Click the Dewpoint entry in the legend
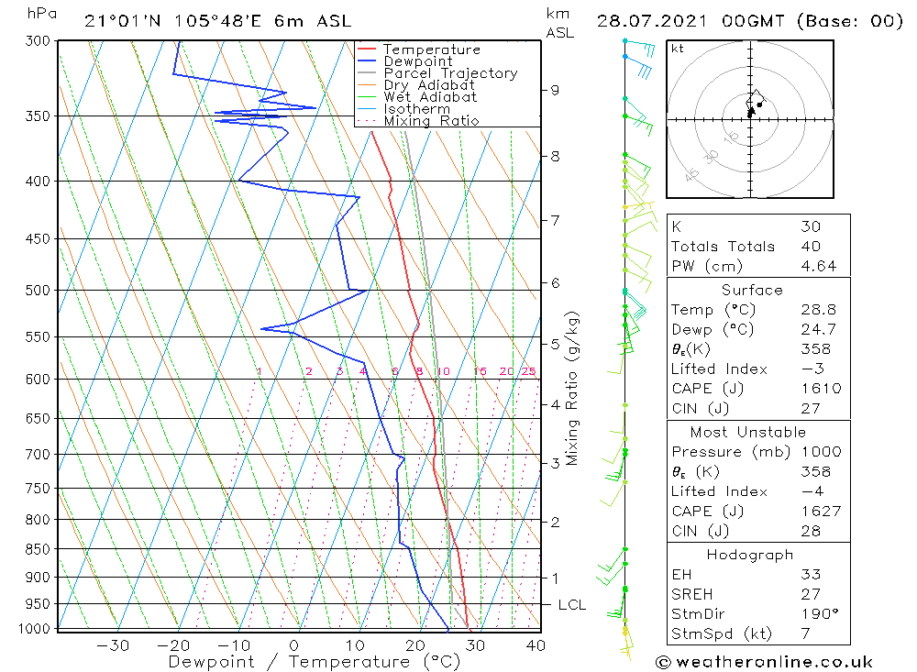417,61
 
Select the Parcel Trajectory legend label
450,73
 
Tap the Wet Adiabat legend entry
430,97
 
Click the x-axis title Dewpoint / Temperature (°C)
314,662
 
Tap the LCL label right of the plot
571,605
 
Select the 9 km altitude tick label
555,90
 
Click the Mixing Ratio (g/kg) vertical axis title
572,388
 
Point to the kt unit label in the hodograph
678,49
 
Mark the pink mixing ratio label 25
528,371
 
